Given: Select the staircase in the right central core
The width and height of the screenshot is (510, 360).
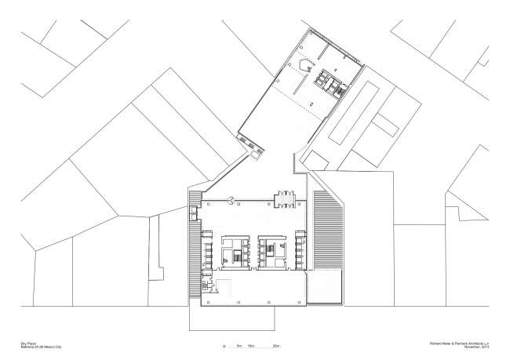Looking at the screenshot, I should click(270, 250).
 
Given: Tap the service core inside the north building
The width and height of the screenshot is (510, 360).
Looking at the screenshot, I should click(329, 82).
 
